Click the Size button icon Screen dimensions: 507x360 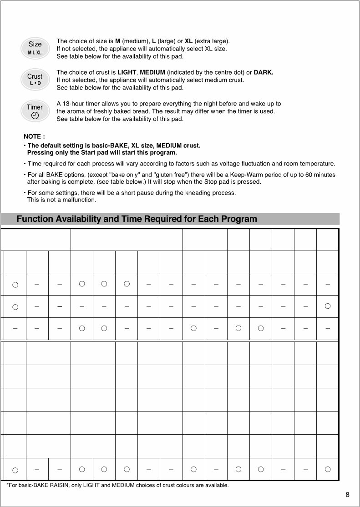pos(35,47)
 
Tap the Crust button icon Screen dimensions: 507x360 pos(35,79)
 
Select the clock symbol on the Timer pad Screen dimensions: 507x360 pos(35,115)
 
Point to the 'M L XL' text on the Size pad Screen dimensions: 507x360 pos(35,53)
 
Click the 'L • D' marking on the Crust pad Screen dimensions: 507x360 pos(35,84)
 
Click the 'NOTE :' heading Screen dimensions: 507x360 pos(34,136)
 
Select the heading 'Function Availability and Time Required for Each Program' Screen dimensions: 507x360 pos(137,219)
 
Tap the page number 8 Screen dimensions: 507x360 pos(347,495)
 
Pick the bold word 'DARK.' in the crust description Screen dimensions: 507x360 pos(264,72)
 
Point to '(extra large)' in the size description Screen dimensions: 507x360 pos(212,41)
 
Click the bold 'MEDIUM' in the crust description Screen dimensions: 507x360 pos(152,72)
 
